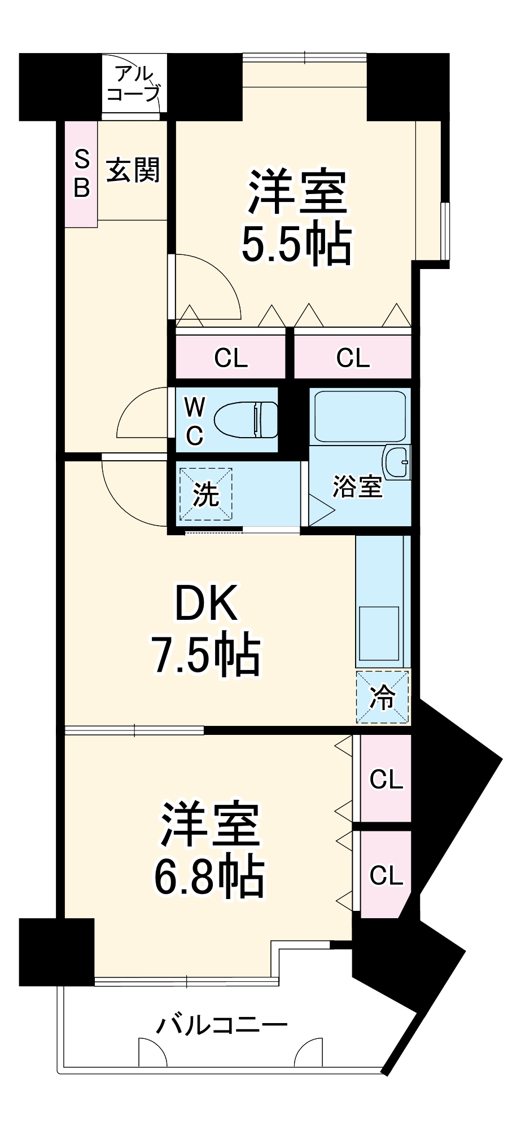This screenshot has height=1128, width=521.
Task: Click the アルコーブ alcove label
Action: [x=134, y=83]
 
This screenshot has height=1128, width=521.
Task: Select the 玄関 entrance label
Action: [x=133, y=170]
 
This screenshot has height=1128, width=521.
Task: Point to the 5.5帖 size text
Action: [x=296, y=245]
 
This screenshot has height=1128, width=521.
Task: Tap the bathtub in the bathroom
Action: [x=360, y=416]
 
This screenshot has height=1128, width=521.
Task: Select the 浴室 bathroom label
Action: [x=357, y=487]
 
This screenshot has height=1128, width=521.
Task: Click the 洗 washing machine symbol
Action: [x=206, y=494]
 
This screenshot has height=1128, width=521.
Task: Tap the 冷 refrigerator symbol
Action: [x=383, y=697]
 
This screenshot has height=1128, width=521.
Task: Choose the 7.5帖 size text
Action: [x=206, y=655]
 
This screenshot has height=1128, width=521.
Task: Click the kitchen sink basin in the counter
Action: [x=379, y=633]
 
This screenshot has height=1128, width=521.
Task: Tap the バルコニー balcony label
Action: [x=221, y=1024]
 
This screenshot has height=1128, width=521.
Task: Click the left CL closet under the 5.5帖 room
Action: [x=230, y=358]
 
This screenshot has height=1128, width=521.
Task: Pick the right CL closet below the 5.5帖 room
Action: [x=353, y=358]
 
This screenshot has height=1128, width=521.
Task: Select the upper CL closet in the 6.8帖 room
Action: [x=386, y=779]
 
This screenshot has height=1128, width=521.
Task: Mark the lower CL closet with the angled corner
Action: [x=386, y=875]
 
